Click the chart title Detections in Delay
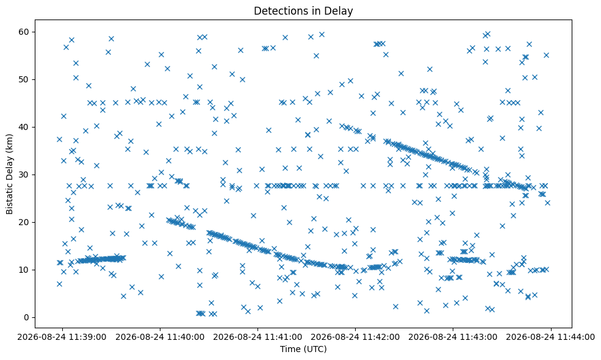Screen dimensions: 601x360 (303, 11)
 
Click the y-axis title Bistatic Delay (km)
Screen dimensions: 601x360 (10, 174)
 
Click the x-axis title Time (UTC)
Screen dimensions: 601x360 (303, 349)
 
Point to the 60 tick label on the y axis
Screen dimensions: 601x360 (24, 32)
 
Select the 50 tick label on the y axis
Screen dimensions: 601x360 (24, 79)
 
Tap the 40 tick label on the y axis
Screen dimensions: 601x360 (24, 127)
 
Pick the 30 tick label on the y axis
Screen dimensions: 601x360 (24, 175)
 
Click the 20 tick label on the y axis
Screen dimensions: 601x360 (24, 222)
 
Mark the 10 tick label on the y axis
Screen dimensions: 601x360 (24, 270)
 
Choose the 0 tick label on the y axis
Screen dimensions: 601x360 (27, 317)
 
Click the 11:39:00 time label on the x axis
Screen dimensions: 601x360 (62, 337)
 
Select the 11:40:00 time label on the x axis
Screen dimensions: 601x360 (160, 337)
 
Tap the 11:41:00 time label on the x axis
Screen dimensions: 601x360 (257, 337)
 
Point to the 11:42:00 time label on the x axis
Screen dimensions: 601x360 (355, 337)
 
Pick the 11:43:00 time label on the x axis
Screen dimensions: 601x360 (453, 337)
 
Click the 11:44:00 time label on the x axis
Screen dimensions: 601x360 (551, 337)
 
